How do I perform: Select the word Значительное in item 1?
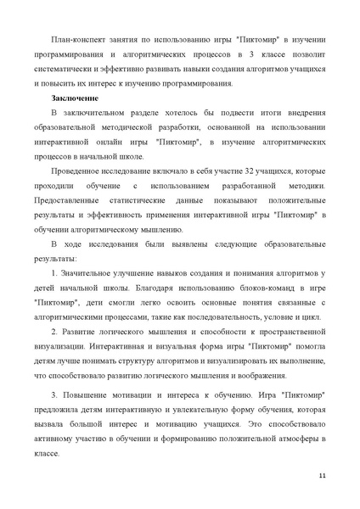pyautogui.click(x=89, y=271)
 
